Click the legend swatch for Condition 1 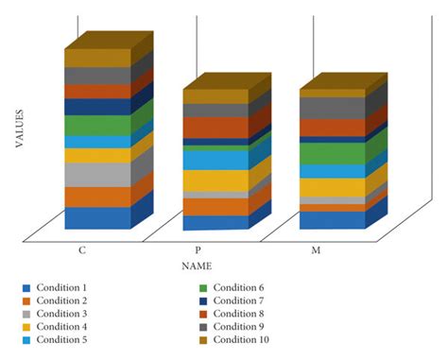[27, 287]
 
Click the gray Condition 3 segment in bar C [97, 175]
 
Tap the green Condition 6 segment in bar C [97, 125]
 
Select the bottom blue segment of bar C [97, 217]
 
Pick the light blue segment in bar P [215, 160]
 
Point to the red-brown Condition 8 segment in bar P [215, 127]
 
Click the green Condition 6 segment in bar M [332, 153]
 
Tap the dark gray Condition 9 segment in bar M [332, 108]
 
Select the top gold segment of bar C [97, 58]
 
